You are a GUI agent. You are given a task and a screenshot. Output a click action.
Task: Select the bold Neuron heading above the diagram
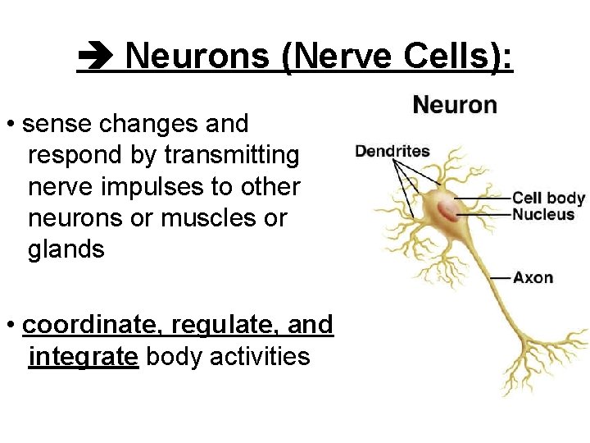[455, 105]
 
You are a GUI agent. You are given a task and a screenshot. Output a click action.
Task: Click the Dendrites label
[392, 151]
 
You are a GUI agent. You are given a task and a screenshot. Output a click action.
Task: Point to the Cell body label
[548, 198]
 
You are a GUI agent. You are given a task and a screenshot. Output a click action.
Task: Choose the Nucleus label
[543, 214]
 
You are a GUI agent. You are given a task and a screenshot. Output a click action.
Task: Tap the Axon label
[533, 277]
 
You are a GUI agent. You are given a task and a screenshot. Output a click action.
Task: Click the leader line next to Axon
[500, 278]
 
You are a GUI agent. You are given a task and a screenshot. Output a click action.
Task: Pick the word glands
[66, 249]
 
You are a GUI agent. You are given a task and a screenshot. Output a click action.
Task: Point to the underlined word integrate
[82, 357]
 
